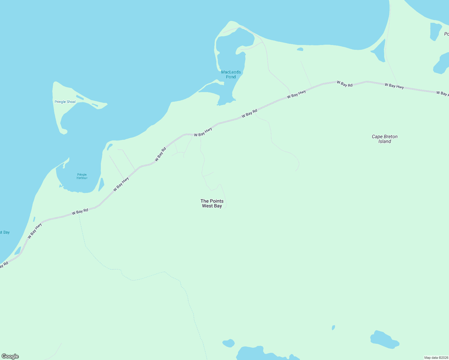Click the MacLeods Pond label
(x=231, y=74)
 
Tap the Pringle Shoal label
(x=65, y=102)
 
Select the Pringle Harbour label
(x=82, y=176)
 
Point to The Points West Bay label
(x=212, y=203)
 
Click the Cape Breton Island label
(x=384, y=139)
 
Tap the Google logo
(x=10, y=356)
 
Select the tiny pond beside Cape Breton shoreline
(x=300, y=49)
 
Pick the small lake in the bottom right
(x=384, y=340)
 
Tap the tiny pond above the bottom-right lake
(x=333, y=327)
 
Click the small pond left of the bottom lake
(x=229, y=343)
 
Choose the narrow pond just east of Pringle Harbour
(x=101, y=184)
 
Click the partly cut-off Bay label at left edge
(x=5, y=232)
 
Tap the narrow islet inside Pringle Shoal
(x=80, y=97)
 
